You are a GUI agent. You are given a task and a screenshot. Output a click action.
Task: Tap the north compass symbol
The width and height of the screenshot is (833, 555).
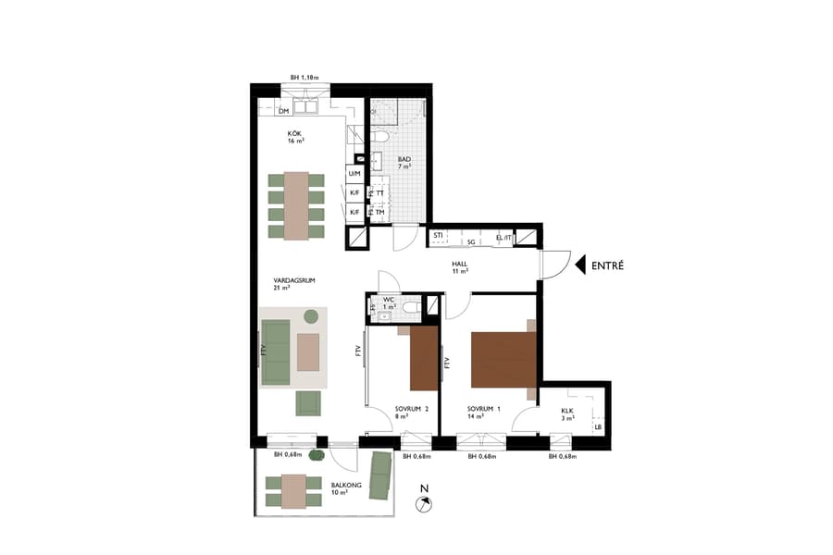(x=425, y=502)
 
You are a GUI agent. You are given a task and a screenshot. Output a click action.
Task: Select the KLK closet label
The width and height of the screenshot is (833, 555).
(x=568, y=414)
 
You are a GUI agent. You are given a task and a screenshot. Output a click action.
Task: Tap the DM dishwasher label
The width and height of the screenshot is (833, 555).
(x=283, y=111)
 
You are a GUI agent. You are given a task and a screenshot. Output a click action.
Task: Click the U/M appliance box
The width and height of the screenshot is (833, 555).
(x=354, y=174)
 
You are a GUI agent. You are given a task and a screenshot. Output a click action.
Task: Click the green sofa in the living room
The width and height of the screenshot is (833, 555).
(x=276, y=351)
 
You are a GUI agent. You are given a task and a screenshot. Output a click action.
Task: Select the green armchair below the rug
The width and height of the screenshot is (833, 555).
(x=308, y=403)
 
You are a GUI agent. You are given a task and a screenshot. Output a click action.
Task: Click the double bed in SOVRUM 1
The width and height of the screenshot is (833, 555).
(x=503, y=360)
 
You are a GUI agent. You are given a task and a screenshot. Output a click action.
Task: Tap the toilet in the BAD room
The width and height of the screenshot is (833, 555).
(x=381, y=140)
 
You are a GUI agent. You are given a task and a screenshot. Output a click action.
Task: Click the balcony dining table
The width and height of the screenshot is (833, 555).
(x=294, y=491)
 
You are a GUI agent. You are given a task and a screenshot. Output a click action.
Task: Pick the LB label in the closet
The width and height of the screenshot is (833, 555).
(x=598, y=426)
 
